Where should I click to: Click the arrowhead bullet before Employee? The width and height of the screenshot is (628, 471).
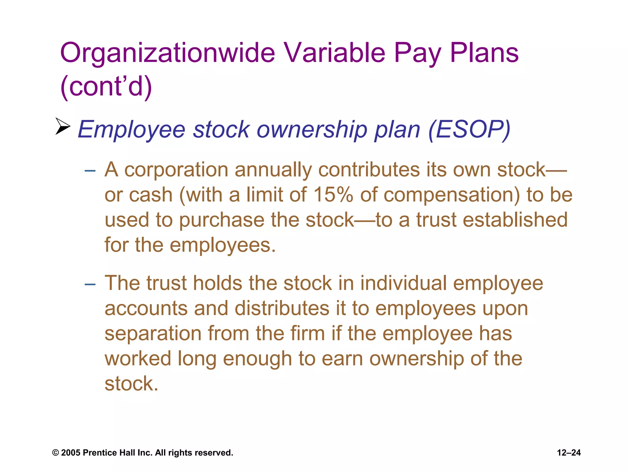[x=63, y=126]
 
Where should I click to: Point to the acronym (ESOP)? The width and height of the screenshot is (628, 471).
[x=469, y=129]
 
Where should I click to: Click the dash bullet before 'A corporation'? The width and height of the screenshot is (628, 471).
[x=90, y=170]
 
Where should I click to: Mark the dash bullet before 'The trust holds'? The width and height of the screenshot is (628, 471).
[x=90, y=284]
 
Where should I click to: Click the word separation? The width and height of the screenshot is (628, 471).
[x=153, y=334]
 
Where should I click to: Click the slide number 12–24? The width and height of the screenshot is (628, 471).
[x=569, y=453]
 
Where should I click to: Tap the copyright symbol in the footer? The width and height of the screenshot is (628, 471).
[x=56, y=453]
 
